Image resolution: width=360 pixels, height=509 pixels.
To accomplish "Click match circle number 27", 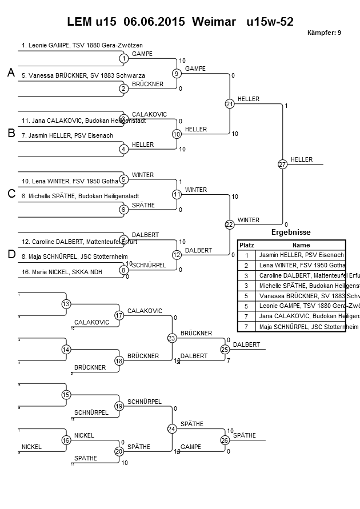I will click(282, 164).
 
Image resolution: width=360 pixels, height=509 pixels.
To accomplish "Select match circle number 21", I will click(230, 104).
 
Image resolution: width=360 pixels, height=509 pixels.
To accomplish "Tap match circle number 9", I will click(177, 73).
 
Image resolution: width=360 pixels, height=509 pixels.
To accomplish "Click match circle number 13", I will click(66, 304).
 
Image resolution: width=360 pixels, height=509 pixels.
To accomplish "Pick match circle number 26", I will click(225, 440).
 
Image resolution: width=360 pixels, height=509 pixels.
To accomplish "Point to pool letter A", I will click(11, 73).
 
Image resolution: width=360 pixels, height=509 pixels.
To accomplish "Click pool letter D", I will click(11, 254).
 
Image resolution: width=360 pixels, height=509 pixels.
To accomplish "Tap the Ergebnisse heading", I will click(290, 233).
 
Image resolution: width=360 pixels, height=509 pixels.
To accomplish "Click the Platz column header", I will click(246, 245).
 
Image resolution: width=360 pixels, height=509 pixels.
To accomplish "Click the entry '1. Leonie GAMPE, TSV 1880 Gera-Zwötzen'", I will click(82, 45).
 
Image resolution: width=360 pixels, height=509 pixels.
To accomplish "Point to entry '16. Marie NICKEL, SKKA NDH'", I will click(62, 272).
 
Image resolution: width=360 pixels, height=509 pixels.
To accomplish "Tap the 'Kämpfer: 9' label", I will click(324, 33).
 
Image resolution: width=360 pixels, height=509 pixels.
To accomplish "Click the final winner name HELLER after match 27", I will click(301, 159).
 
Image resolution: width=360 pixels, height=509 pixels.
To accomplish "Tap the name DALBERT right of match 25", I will click(246, 344).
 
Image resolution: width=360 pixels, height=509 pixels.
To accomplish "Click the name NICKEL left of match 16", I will click(31, 447).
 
